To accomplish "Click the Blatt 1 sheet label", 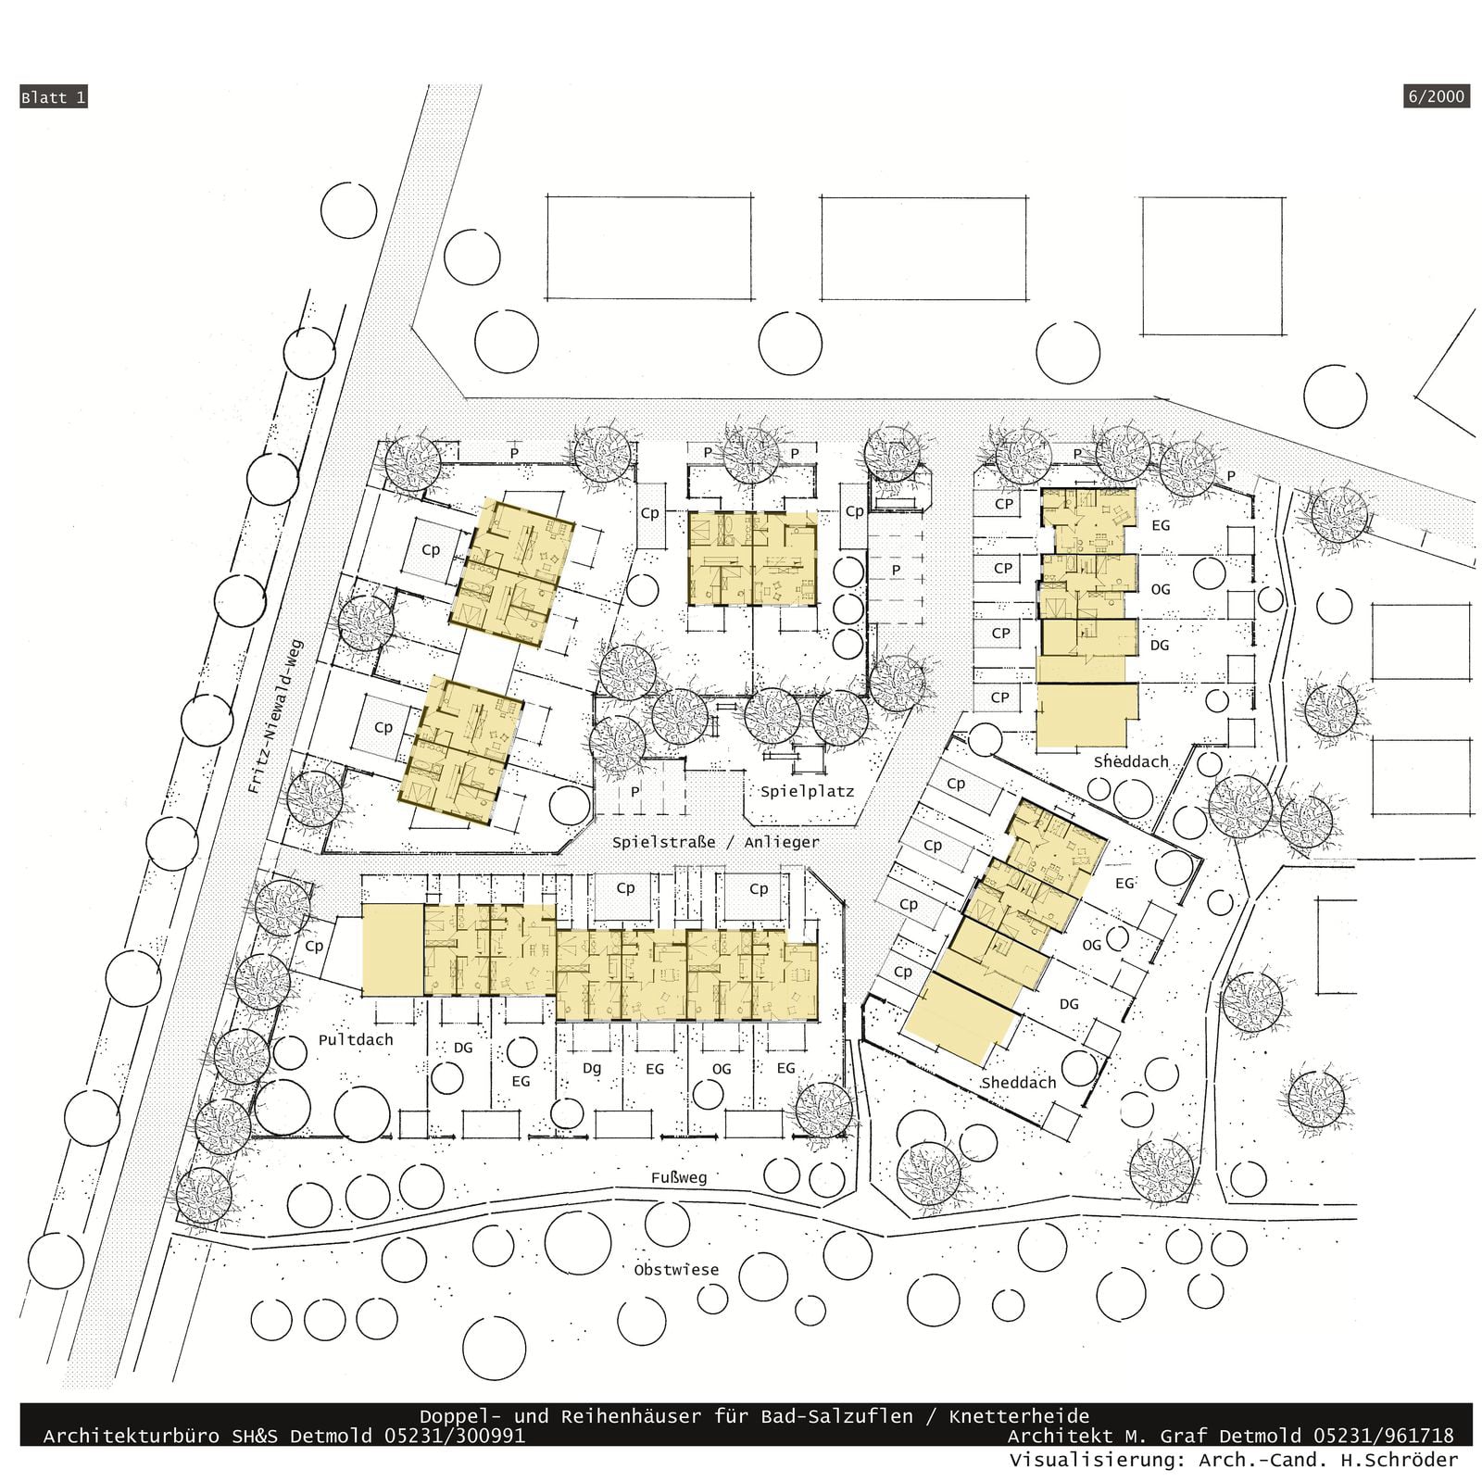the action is (x=54, y=97).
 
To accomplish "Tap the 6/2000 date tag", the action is (x=1437, y=96).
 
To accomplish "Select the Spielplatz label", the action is (x=807, y=792).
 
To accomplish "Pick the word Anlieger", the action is (x=781, y=842).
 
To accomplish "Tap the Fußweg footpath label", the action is (x=678, y=1177).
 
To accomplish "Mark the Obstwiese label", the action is (x=676, y=1269).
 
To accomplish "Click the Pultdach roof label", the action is (x=356, y=1040).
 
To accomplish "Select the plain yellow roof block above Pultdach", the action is (x=392, y=950).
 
